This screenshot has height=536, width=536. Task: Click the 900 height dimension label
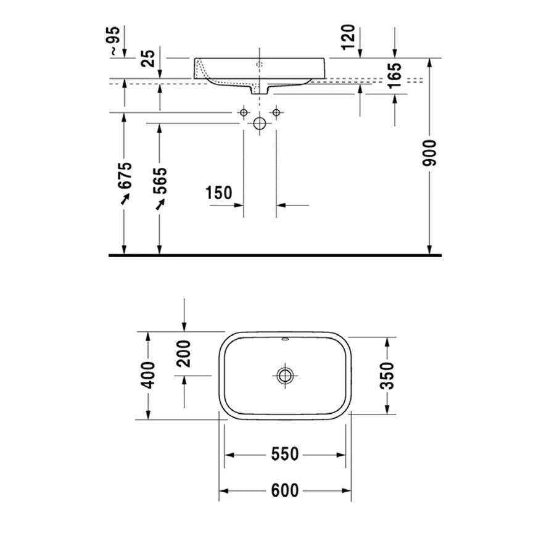430,153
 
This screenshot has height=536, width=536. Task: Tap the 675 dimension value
125,175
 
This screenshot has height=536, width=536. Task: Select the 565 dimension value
160,181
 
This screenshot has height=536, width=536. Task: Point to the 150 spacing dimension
219,193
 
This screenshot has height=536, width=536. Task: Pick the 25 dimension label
149,58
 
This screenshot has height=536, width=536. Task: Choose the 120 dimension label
348,37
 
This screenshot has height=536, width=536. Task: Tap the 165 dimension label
395,75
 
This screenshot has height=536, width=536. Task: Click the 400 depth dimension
148,375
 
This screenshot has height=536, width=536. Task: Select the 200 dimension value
183,353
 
